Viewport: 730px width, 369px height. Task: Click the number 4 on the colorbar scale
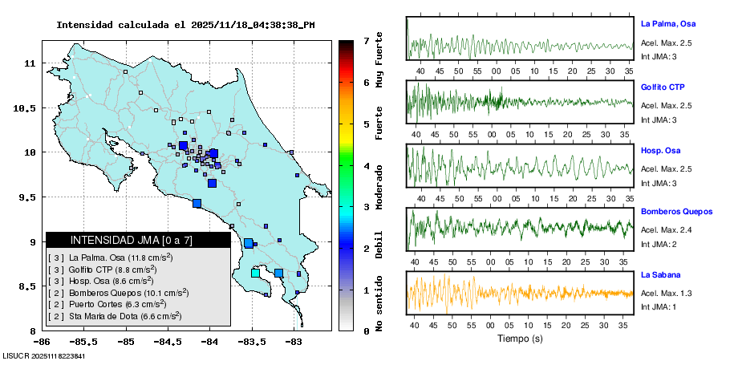365,166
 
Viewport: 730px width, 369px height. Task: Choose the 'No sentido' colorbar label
379,303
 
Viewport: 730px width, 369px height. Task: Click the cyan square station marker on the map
256,273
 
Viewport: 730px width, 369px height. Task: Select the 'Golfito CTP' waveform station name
663,87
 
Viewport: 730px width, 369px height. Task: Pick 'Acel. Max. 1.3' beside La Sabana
666,294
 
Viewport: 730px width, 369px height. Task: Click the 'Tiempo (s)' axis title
520,339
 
